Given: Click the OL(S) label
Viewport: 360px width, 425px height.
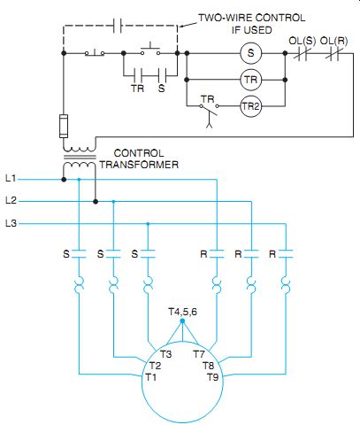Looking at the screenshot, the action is [302, 41].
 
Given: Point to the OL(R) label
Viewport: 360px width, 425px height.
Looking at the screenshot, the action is [333, 41].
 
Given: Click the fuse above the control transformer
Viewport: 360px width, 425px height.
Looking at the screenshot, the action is [64, 126].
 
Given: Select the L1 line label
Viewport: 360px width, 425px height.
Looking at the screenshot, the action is [11, 178].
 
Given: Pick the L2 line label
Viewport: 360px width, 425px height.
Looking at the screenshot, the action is [11, 200].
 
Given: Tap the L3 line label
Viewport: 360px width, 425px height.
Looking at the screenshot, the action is [11, 223].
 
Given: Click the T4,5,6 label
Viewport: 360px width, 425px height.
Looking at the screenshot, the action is [183, 312].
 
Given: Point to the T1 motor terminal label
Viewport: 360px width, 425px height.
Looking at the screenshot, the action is [151, 377].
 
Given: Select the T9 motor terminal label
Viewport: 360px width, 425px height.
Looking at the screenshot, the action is [213, 377].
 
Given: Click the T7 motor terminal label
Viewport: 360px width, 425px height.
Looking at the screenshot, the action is [199, 354].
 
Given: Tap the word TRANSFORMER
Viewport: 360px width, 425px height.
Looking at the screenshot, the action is [139, 165].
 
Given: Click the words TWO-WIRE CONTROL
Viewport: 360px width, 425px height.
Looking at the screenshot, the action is [252, 18].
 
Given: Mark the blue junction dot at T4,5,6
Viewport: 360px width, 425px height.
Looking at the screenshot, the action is [182, 321].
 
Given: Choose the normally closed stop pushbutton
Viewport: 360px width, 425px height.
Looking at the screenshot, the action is [95, 53].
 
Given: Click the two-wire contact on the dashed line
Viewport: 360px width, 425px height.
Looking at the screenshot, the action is [118, 26].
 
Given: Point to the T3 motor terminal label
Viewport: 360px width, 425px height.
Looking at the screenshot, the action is [166, 354].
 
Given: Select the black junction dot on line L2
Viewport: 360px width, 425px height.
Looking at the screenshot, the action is [96, 202].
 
